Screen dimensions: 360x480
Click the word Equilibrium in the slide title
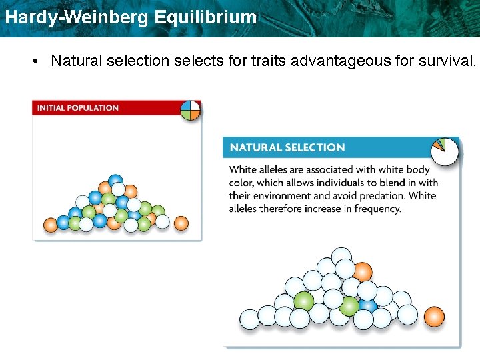click(x=205, y=17)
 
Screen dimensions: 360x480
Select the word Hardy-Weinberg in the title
click(x=77, y=17)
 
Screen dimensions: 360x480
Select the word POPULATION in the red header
click(x=95, y=108)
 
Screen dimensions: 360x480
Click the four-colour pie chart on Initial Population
click(x=190, y=110)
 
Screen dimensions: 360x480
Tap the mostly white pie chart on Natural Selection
click(x=445, y=151)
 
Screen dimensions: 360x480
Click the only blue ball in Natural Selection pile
click(x=367, y=305)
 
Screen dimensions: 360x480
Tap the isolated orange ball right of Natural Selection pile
click(x=434, y=317)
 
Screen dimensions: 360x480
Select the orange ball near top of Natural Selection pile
click(x=362, y=272)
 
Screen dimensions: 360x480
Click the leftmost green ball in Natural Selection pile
click(x=303, y=301)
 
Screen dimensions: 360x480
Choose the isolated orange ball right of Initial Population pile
click(x=181, y=223)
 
